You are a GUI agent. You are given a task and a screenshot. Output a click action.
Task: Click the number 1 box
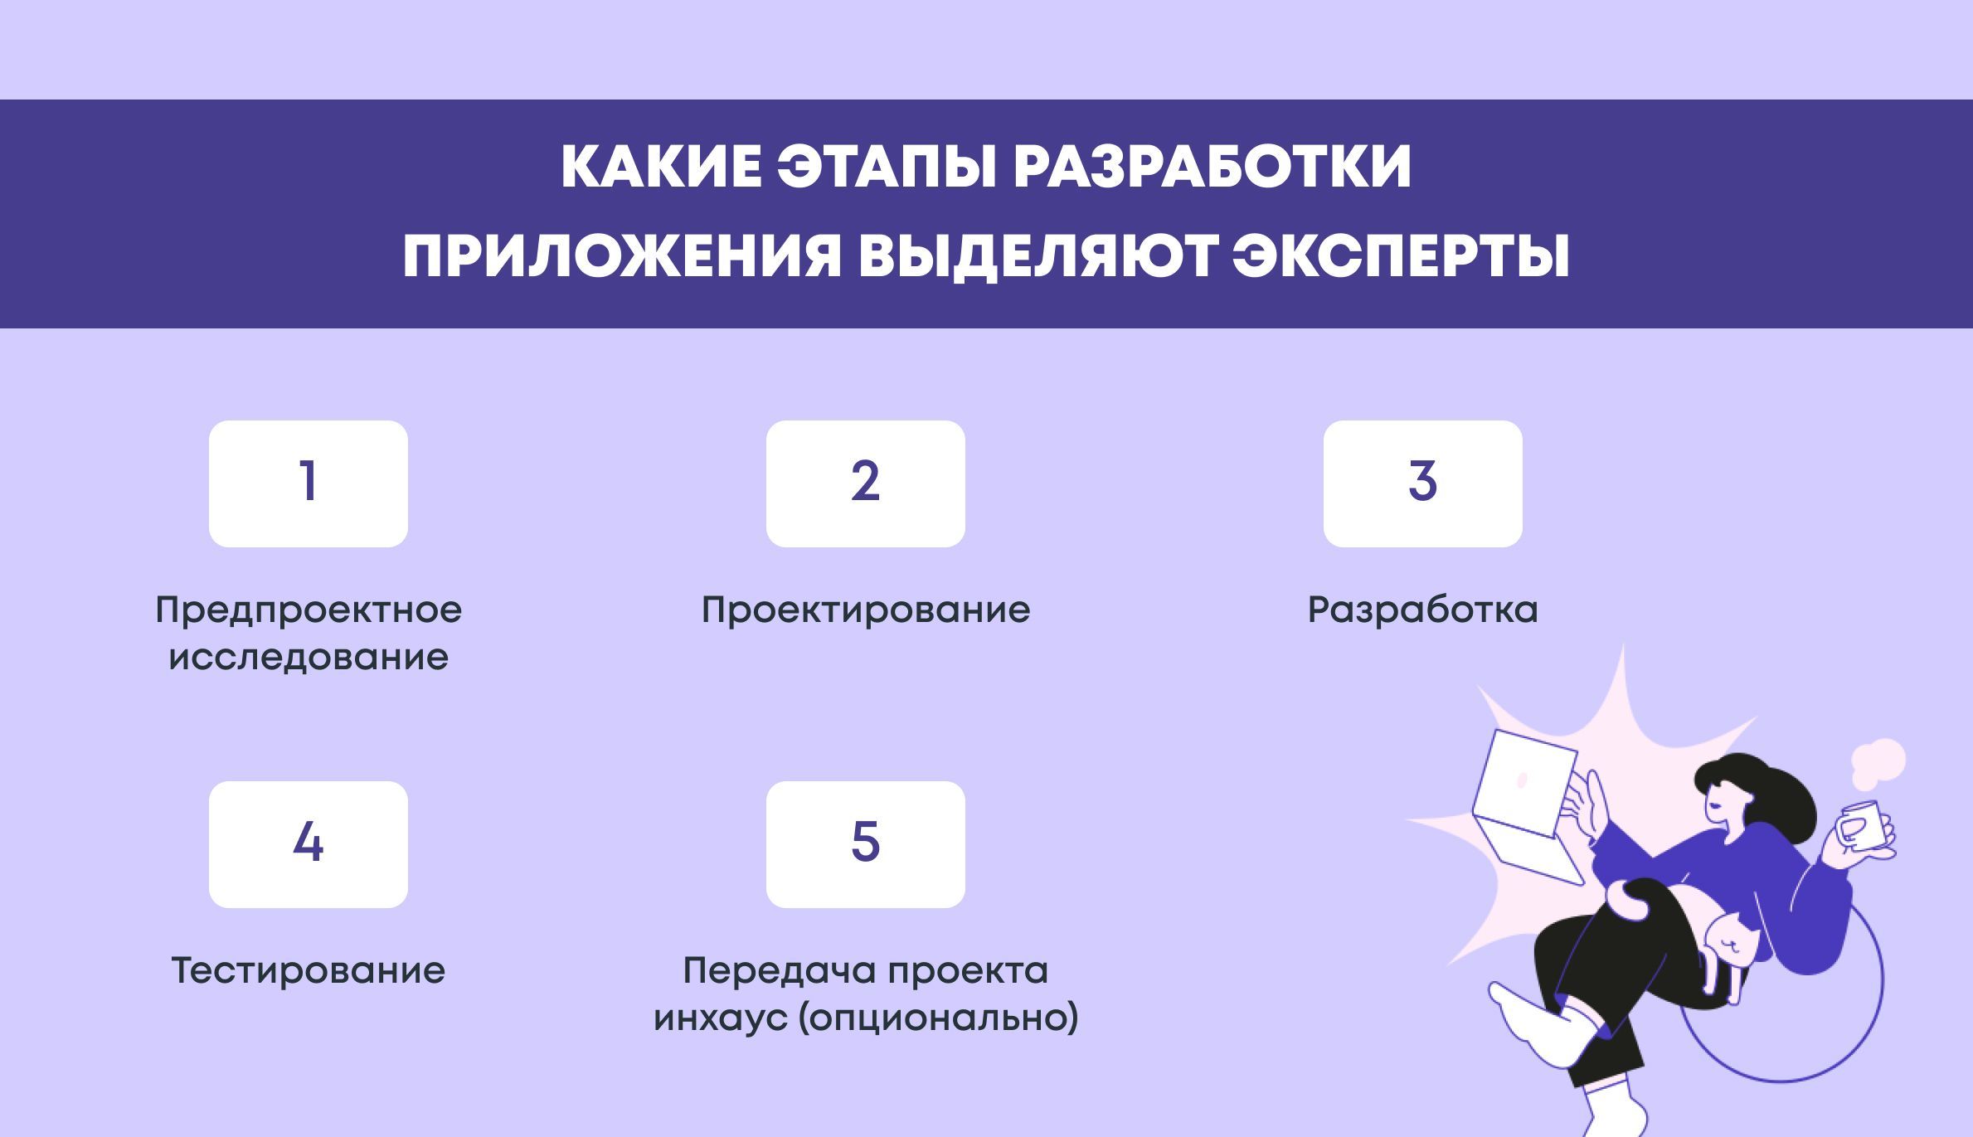point(308,483)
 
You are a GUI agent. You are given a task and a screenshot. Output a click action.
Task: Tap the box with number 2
point(865,483)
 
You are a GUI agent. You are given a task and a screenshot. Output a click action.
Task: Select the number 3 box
point(1422,483)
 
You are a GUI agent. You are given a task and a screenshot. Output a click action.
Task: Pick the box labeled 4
point(308,844)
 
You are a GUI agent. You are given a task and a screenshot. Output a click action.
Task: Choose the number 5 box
point(865,844)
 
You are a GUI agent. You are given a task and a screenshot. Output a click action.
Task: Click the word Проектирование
point(865,610)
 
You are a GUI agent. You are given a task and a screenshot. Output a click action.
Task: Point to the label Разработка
point(1422,610)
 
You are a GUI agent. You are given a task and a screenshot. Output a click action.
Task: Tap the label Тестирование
point(308,971)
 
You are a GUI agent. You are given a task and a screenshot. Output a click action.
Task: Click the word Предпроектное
point(308,610)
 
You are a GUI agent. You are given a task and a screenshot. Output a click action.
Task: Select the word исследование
point(308,658)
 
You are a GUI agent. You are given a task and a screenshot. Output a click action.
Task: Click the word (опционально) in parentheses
point(938,1018)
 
